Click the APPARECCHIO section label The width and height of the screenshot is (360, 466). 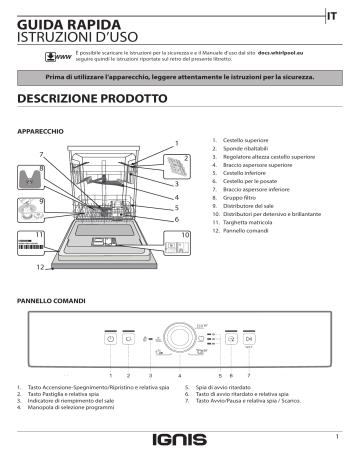(x=42, y=131)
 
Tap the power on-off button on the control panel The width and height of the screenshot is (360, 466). (x=111, y=341)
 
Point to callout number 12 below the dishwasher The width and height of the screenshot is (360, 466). (x=40, y=269)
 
